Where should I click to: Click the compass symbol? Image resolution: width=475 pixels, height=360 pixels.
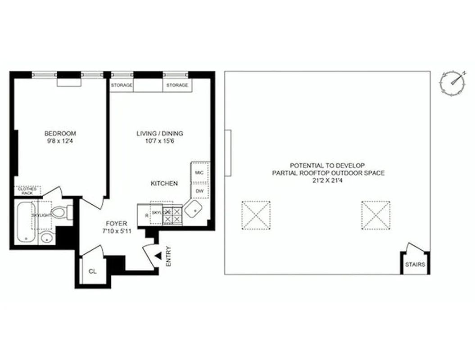(452, 83)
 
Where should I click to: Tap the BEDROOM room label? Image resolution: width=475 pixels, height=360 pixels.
(60, 134)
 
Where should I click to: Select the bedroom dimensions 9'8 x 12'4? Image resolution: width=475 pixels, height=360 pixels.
(60, 140)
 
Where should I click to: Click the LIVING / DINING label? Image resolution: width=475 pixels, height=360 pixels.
(160, 134)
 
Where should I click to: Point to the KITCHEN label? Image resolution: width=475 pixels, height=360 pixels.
(164, 184)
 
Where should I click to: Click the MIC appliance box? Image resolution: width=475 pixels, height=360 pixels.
(200, 172)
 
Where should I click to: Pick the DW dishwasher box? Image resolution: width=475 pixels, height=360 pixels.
(200, 191)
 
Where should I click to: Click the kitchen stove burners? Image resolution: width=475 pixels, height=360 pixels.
(172, 214)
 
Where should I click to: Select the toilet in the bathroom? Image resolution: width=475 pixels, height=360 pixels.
(61, 212)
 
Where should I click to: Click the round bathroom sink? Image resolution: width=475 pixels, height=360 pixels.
(46, 238)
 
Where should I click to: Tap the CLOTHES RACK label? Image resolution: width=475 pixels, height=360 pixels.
(27, 191)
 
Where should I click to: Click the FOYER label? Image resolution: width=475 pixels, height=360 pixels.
(116, 224)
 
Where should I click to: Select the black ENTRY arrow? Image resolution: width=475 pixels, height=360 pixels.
(158, 256)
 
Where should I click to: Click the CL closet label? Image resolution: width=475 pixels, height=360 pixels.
(92, 271)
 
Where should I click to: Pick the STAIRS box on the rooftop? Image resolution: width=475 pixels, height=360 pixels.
(415, 265)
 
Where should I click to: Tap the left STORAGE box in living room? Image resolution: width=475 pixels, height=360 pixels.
(122, 85)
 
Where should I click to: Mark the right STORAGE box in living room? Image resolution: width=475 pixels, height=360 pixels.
(177, 85)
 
